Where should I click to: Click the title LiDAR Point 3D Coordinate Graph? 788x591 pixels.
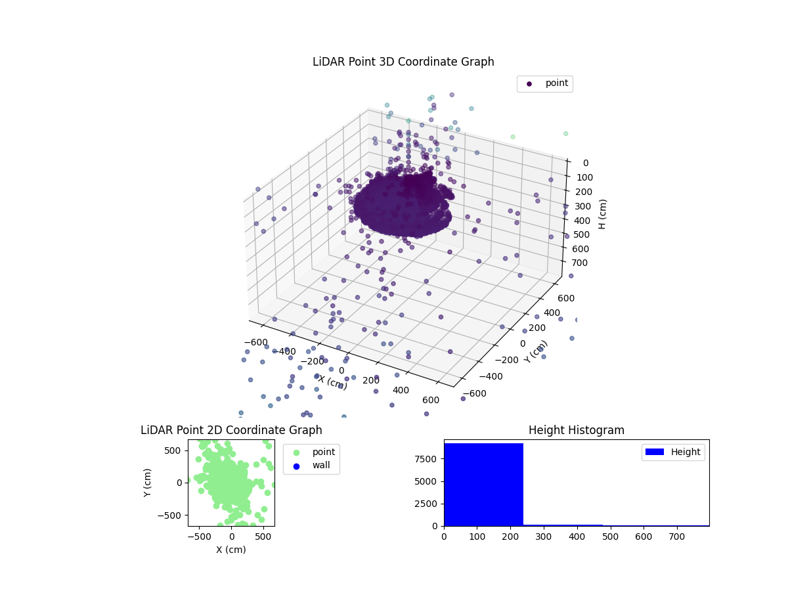point(403,62)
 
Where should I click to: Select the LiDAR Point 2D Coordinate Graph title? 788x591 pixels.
point(231,430)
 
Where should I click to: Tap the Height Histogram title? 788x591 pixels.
point(576,430)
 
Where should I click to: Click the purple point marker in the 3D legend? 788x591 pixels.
point(529,84)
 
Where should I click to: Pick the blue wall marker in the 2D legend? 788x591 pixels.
point(296,466)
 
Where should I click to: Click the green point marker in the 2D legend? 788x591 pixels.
point(296,452)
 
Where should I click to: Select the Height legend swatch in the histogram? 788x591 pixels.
point(655,452)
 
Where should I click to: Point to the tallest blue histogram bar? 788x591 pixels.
point(483,485)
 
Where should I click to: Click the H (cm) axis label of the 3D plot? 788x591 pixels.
point(602,214)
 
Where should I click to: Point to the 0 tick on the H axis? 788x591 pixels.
point(585,163)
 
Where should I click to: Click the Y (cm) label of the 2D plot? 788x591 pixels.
point(148,483)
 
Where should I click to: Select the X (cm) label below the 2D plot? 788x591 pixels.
point(231,550)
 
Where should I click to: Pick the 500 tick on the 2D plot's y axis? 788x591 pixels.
point(173,450)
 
